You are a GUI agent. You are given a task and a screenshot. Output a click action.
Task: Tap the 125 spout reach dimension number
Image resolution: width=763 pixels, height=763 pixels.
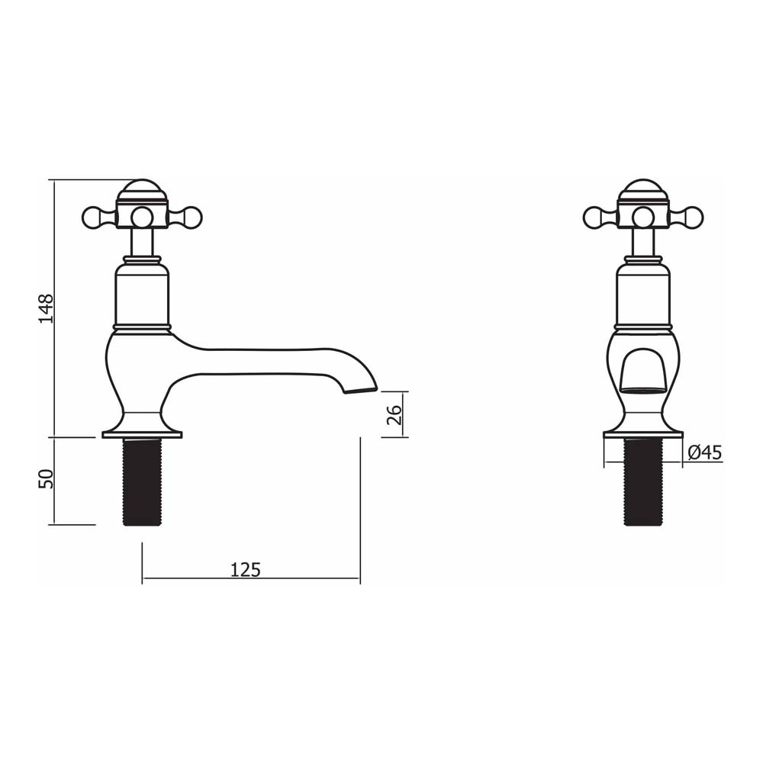tap(246, 569)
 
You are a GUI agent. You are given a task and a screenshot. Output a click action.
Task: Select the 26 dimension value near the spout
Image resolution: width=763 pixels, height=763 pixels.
tap(394, 414)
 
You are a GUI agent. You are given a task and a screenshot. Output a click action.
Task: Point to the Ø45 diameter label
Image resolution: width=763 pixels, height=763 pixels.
tap(703, 452)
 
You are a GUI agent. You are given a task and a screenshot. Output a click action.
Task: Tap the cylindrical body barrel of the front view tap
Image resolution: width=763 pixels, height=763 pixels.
tap(643, 298)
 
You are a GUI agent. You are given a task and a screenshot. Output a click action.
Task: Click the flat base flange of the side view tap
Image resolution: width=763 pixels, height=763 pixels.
tap(142, 435)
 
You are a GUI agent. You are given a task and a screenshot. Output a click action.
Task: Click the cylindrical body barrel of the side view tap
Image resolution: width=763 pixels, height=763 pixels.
tap(142, 298)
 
